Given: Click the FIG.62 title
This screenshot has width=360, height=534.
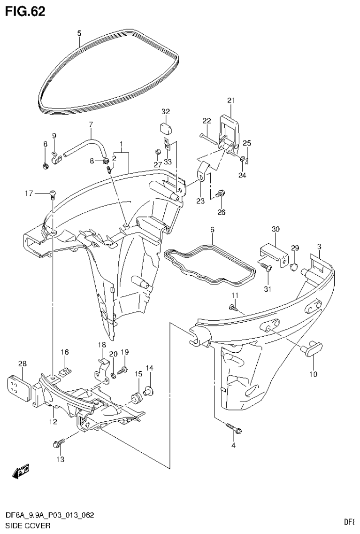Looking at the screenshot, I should [25, 11].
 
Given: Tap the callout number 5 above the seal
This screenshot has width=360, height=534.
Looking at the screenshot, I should [79, 33].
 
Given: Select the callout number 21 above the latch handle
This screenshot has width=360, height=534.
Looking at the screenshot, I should [230, 100].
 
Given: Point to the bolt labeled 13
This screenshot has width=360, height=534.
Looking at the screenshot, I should [58, 442].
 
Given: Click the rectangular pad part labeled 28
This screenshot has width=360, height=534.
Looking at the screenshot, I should [21, 387].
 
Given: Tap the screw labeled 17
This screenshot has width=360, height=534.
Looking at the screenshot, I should [52, 193].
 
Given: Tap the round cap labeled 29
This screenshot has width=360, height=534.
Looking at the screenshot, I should [295, 267].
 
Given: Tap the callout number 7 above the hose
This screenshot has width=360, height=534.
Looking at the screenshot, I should [91, 124].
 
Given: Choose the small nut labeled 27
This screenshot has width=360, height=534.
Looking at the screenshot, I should [158, 152].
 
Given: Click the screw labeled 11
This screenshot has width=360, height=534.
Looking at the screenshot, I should [232, 308].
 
